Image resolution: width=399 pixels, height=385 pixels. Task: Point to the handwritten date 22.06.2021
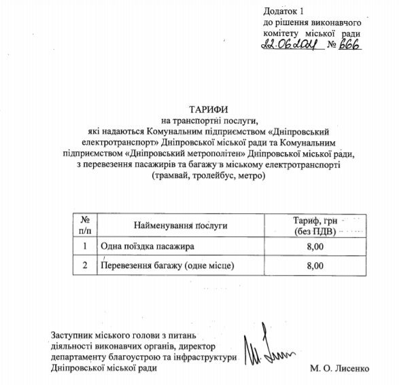[x=291, y=46]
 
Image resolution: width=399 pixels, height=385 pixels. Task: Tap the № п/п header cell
[x=85, y=225]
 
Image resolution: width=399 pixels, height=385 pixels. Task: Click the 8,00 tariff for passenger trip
[x=315, y=246]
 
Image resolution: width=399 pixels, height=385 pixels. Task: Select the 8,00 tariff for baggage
[x=315, y=266]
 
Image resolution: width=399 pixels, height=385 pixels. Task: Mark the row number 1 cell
[x=85, y=246]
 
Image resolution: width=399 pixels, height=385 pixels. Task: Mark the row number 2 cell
[x=85, y=266]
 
